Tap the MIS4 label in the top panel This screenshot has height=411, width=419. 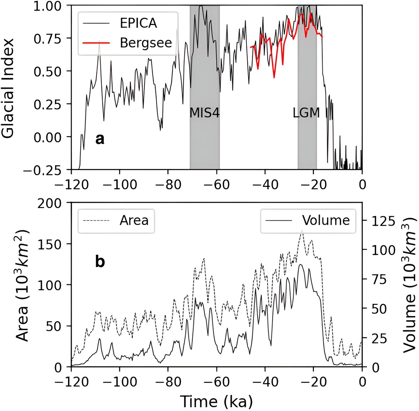[x=205, y=113]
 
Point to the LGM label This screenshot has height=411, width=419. [x=306, y=113]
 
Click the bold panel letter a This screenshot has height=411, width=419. [x=100, y=139]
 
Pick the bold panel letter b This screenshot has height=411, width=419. [x=100, y=262]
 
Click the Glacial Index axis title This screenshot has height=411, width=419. [x=8, y=88]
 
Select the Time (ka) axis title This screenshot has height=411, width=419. [x=216, y=402]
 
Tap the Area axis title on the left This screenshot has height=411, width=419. [x=22, y=285]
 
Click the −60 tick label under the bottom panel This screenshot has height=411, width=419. [x=216, y=382]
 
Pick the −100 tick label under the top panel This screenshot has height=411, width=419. [x=119, y=185]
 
